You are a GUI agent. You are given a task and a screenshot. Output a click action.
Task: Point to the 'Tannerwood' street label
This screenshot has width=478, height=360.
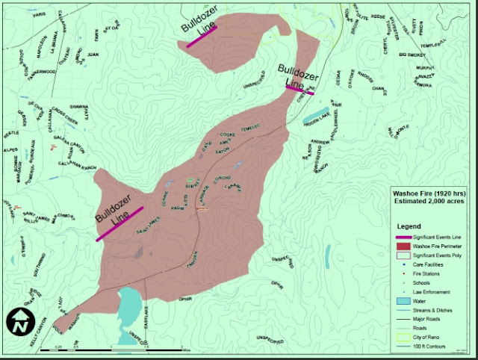[x=43, y=72]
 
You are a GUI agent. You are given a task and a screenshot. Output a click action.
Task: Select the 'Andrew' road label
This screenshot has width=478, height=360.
[x=320, y=140]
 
